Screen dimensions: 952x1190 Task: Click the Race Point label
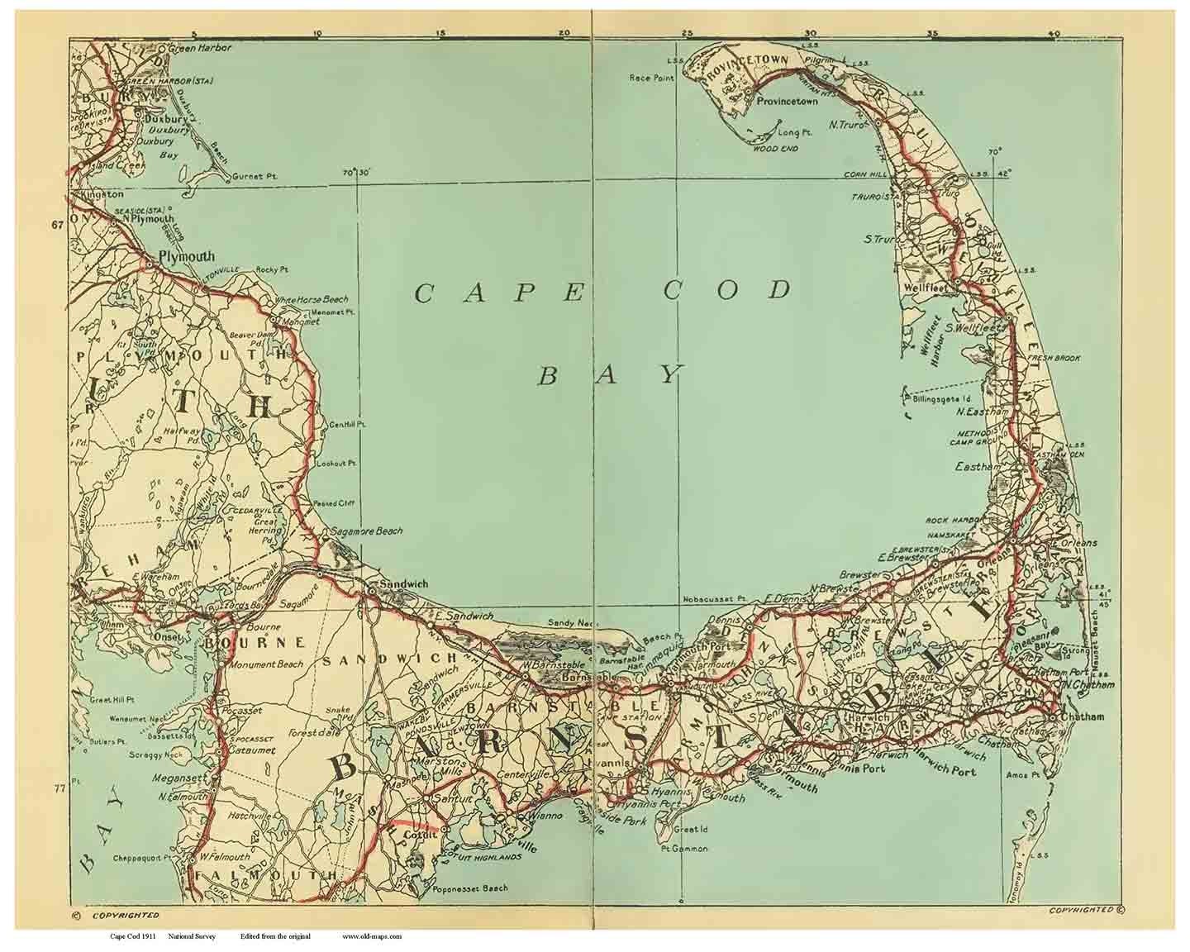pos(651,78)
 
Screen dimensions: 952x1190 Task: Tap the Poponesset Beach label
pos(469,889)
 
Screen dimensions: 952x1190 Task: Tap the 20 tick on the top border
pos(564,33)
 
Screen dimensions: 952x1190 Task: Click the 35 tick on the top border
pos(932,33)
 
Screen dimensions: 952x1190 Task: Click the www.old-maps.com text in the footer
pos(372,936)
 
